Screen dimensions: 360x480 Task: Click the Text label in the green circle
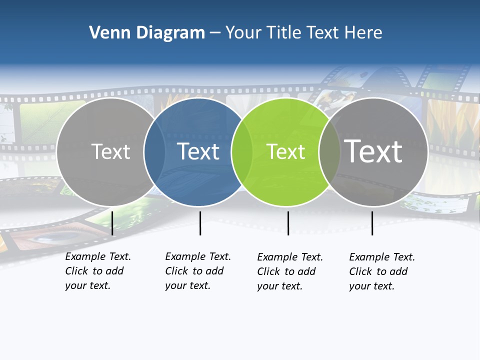(285, 152)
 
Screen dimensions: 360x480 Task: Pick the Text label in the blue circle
(198, 151)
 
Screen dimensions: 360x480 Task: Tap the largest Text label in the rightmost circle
(373, 151)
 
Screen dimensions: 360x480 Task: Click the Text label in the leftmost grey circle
(110, 151)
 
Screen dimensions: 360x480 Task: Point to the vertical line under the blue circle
(200, 223)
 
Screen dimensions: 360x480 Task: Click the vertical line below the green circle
(288, 223)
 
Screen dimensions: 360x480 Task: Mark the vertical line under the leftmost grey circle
(112, 223)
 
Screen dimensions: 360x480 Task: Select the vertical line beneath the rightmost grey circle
(372, 223)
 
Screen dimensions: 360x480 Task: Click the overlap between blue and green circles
(242, 151)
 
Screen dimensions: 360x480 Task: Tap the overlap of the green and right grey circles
(329, 152)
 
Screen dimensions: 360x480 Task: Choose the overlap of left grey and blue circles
(154, 151)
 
